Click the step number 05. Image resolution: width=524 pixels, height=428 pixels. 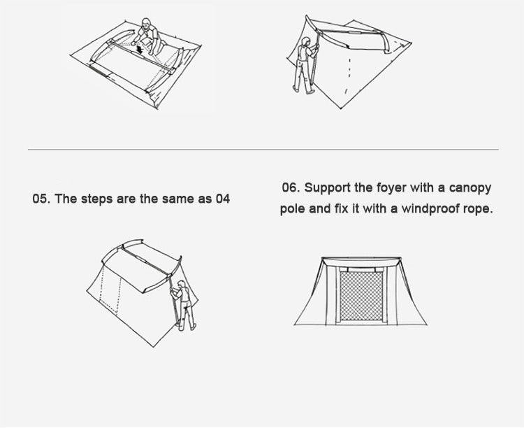41,199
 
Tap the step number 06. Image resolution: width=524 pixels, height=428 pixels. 291,188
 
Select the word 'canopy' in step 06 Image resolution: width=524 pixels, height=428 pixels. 471,189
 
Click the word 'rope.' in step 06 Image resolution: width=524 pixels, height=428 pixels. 478,210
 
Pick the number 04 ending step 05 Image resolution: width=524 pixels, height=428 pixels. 222,199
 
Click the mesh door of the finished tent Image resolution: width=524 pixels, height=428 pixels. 361,297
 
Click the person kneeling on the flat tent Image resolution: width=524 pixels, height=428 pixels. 146,35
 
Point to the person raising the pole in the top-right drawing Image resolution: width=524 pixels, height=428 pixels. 305,66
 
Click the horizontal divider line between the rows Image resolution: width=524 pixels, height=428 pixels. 263,150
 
